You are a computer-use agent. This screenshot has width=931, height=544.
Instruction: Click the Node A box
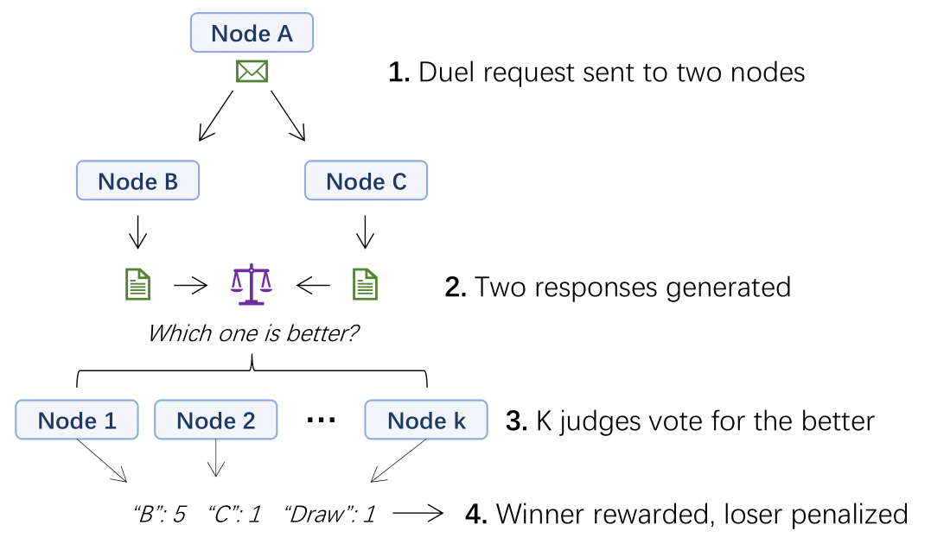click(x=252, y=35)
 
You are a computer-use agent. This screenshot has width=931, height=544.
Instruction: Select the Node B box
click(x=138, y=181)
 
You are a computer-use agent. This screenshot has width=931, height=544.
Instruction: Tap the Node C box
click(x=366, y=182)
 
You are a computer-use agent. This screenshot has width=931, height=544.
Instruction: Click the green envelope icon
click(x=252, y=72)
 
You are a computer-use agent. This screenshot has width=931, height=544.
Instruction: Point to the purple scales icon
click(x=251, y=285)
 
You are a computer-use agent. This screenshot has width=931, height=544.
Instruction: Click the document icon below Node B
click(x=138, y=285)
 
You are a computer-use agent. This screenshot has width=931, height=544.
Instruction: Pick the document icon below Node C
click(x=366, y=285)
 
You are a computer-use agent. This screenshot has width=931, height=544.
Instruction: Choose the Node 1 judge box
click(x=77, y=421)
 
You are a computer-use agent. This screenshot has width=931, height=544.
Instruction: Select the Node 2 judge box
click(x=215, y=421)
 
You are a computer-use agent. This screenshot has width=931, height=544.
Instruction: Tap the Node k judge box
click(x=426, y=421)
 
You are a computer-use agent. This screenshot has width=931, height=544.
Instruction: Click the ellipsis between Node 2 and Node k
click(x=321, y=421)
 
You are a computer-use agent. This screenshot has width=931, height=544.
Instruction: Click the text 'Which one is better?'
click(x=253, y=333)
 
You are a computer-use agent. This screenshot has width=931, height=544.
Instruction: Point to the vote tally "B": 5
click(x=159, y=515)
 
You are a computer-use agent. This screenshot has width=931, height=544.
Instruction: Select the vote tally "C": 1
click(x=234, y=515)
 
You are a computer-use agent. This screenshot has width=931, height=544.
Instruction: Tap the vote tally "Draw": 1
click(x=329, y=515)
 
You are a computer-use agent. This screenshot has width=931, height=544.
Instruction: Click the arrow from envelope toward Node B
click(x=216, y=114)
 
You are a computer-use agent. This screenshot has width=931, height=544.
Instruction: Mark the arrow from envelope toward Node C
click(x=288, y=114)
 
